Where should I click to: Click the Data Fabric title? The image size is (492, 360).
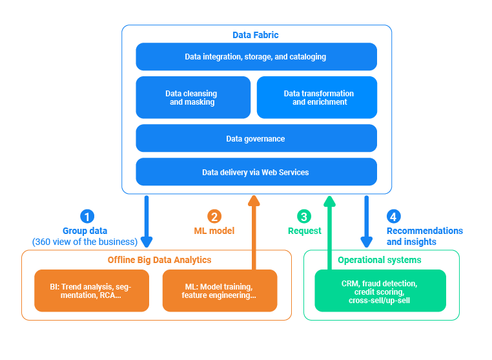click(x=256, y=35)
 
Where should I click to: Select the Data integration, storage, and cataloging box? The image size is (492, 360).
click(x=256, y=57)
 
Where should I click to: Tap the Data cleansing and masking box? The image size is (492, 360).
click(x=193, y=98)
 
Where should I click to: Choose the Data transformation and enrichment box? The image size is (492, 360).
click(x=318, y=98)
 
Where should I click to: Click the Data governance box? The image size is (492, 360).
click(x=256, y=138)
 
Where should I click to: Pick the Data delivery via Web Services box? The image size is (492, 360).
click(x=256, y=172)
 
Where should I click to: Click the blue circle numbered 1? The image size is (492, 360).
click(x=87, y=217)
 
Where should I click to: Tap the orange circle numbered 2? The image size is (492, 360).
click(x=214, y=217)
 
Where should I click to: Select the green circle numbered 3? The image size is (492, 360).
click(x=304, y=217)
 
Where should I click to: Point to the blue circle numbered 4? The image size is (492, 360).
click(x=393, y=217)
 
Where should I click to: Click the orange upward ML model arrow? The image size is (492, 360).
click(x=254, y=233)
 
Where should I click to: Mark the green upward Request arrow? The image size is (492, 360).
click(x=329, y=233)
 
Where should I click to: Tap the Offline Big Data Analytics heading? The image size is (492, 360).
click(x=159, y=260)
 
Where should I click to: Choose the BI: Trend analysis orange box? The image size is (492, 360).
click(x=92, y=291)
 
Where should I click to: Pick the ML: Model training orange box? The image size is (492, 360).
click(x=220, y=291)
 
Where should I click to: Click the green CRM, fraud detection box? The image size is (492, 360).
click(x=380, y=291)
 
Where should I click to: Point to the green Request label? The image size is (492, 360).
click(x=305, y=231)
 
